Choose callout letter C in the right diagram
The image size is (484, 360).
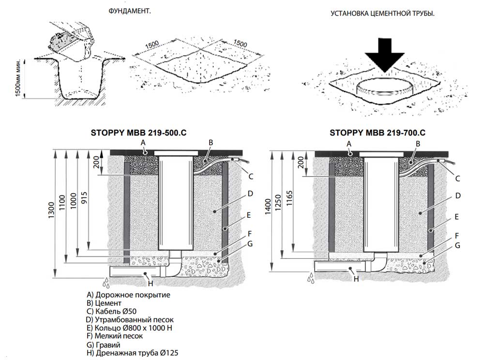[457, 178]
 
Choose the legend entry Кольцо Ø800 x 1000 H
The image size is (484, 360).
[129, 328]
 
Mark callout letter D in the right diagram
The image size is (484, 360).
[457, 195]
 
